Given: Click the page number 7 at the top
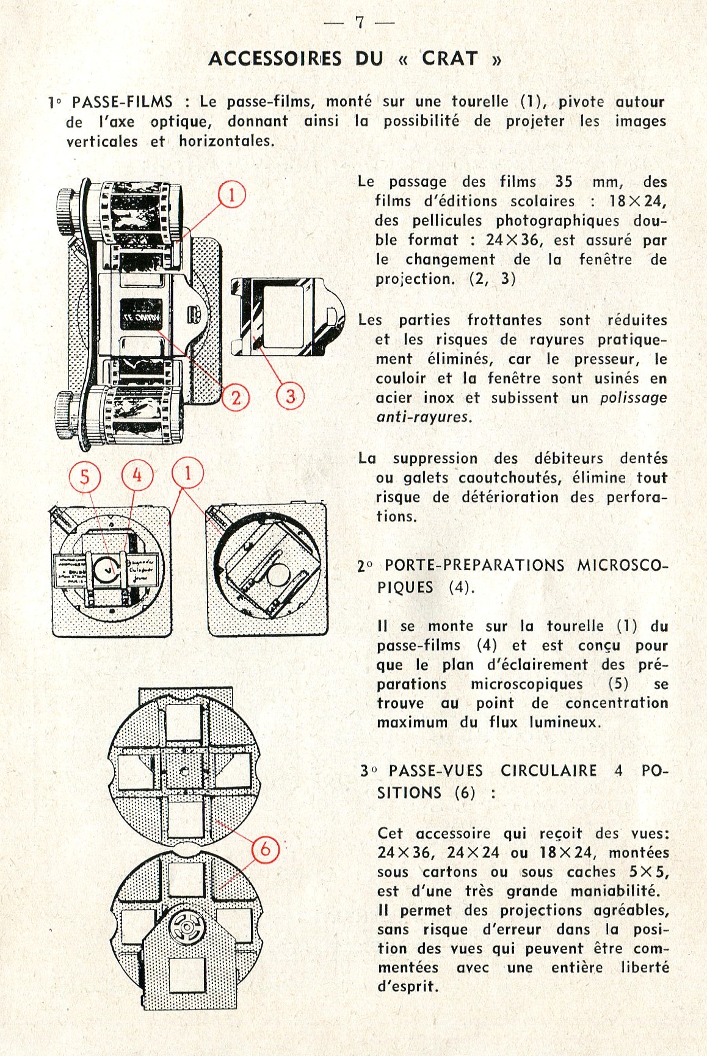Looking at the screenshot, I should click(360, 23).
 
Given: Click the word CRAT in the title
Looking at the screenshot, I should click(450, 59).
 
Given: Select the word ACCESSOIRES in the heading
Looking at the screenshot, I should click(275, 59).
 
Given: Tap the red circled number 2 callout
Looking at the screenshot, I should click(236, 398).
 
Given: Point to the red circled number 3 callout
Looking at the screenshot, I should click(290, 396).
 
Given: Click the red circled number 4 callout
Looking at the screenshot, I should click(137, 474).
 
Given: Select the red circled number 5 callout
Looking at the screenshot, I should click(84, 477).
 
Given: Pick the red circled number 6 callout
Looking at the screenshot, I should click(266, 849).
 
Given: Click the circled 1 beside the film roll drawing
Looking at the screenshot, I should click(232, 195).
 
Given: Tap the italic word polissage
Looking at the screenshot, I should click(633, 398).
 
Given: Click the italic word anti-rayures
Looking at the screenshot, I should click(423, 418).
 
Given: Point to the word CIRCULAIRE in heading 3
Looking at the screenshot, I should click(548, 771).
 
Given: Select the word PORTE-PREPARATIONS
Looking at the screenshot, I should click(474, 565).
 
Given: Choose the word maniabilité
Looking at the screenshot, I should click(615, 891).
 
